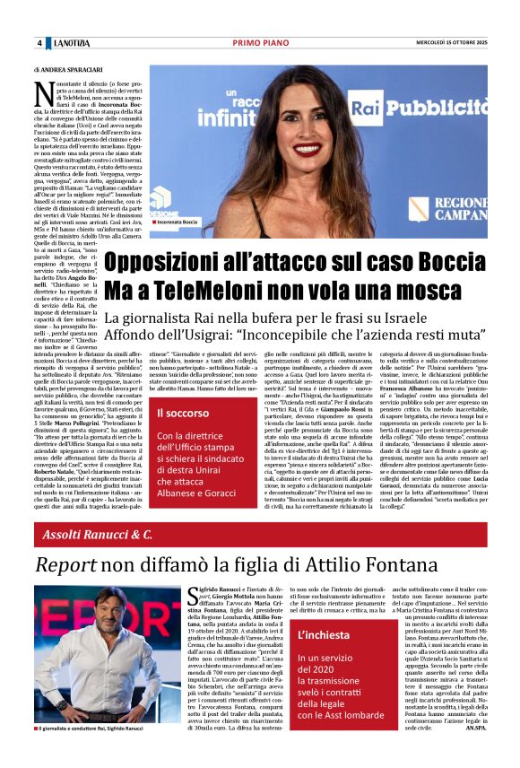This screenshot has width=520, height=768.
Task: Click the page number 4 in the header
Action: pos(39,43)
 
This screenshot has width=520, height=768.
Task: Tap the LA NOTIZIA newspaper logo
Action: pos(71,43)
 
